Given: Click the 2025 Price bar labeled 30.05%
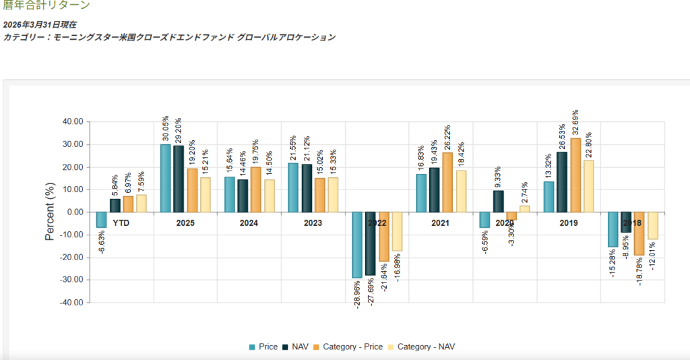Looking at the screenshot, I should point(165,179).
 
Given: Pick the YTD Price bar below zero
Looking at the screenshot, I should point(101,220).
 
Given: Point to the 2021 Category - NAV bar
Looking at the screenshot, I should point(461,191).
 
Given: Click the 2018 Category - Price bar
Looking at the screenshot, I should point(639,233).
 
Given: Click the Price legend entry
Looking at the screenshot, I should point(263,347).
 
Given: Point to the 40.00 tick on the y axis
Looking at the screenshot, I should point(72,122).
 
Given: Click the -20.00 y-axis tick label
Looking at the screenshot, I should point(71,258).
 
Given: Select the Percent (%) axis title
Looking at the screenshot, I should point(50,213).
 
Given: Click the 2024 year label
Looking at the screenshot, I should point(249,222).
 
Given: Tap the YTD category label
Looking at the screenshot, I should point(121,222).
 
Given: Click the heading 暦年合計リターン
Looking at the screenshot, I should point(46,5).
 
